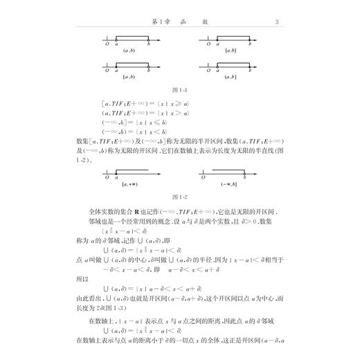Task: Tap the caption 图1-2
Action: pos(179,197)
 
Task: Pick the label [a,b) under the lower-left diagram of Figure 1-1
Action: pos(129,76)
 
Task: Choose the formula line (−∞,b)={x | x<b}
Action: pos(134,129)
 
